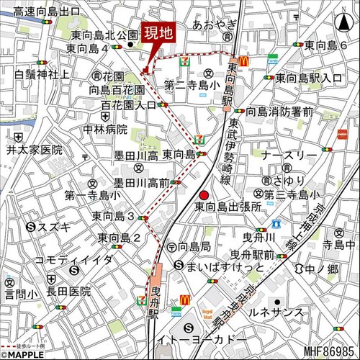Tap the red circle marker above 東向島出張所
(x=204, y=194)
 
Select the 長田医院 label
(x=71, y=291)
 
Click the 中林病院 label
(x=104, y=130)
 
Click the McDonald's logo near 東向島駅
(x=243, y=62)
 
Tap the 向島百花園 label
(x=116, y=90)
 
